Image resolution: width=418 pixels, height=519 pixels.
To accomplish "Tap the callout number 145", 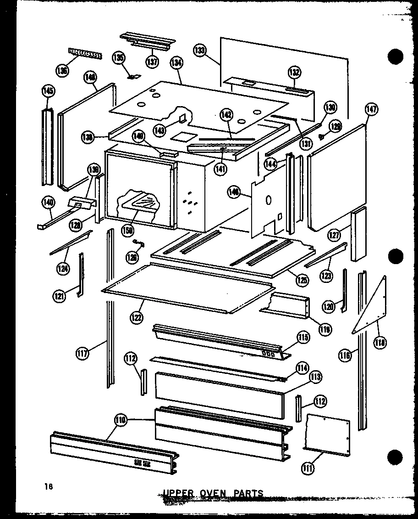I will pyautogui.click(x=48, y=91).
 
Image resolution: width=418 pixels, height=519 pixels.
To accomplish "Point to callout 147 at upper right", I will pyautogui.click(x=371, y=109).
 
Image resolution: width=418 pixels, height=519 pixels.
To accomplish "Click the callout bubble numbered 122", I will pyautogui.click(x=136, y=316).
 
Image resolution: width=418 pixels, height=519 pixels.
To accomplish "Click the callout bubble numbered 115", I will pyautogui.click(x=303, y=338).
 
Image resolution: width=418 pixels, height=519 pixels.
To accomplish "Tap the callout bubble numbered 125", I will pyautogui.click(x=302, y=279).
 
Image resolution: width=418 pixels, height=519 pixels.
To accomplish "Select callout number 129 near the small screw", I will pyautogui.click(x=336, y=127).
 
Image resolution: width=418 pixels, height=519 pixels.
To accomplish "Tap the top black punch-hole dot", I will pyautogui.click(x=395, y=56).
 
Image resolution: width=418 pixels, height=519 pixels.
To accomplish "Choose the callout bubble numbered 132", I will pyautogui.click(x=294, y=72).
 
